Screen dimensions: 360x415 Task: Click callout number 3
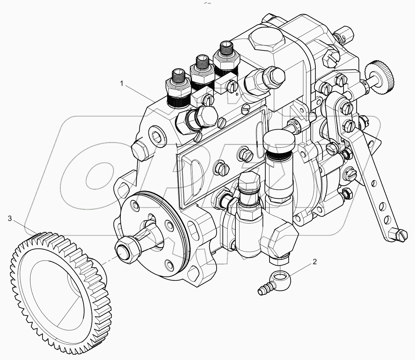click(10, 218)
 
